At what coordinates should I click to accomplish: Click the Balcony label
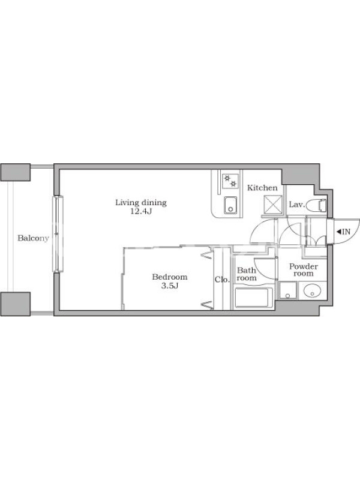(33, 238)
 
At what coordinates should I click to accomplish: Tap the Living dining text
(141, 203)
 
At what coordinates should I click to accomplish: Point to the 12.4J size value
(141, 211)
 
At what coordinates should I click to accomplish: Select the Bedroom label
(170, 277)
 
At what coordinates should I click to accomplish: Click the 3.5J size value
(170, 286)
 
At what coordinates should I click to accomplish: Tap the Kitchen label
(262, 188)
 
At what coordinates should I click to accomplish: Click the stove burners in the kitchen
(230, 181)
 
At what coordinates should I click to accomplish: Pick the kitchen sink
(230, 205)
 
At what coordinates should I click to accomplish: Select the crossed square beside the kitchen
(272, 204)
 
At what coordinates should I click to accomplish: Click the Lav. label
(297, 205)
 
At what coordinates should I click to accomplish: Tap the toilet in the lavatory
(317, 205)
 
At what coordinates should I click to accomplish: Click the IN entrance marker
(343, 232)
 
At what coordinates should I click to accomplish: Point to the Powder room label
(304, 269)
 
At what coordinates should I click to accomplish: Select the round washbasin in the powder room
(312, 290)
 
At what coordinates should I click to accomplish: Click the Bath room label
(247, 274)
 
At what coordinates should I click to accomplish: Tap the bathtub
(253, 297)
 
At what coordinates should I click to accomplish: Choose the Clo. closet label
(222, 280)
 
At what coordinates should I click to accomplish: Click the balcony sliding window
(58, 234)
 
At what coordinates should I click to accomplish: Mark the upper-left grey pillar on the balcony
(16, 172)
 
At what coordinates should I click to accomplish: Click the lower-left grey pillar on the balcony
(16, 304)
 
